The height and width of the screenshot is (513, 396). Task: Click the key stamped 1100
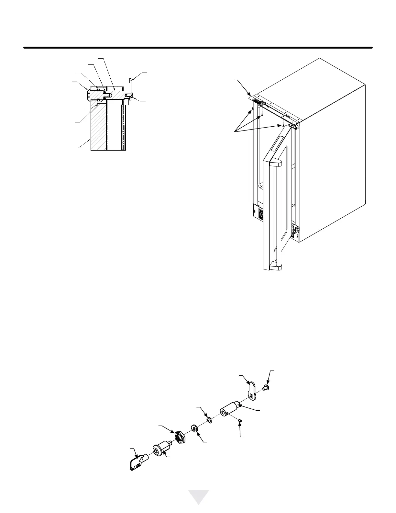click(x=136, y=463)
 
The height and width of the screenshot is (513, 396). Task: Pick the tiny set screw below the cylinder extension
click(x=240, y=420)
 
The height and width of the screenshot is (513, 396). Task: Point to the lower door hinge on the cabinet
click(x=295, y=230)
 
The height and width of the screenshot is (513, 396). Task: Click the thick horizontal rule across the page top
click(x=198, y=48)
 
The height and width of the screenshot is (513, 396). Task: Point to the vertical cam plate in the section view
click(x=130, y=85)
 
